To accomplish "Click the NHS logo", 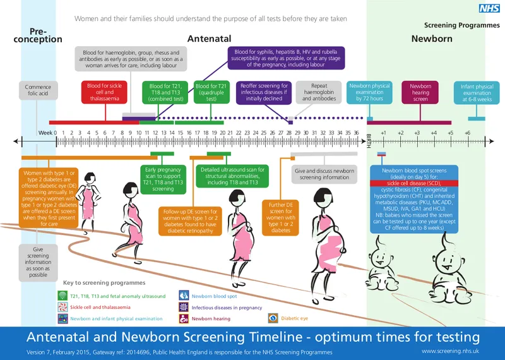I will [487, 9].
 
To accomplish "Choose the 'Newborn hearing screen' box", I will [420, 93].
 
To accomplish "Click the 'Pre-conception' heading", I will [37, 35].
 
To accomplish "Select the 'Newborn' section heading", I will [432, 39].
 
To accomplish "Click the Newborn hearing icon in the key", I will [184, 318].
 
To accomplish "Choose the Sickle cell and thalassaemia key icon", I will [62, 306].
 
